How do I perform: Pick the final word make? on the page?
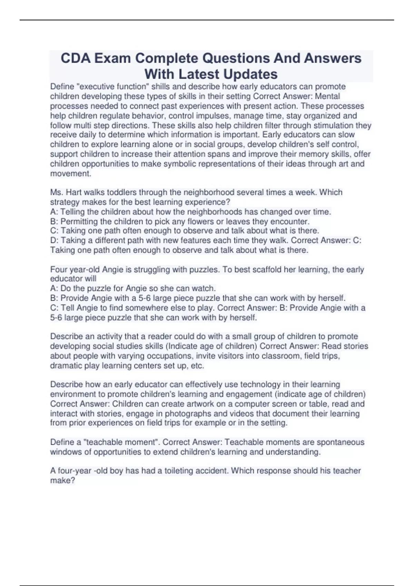pos(62,481)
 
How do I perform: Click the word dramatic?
pos(66,365)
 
